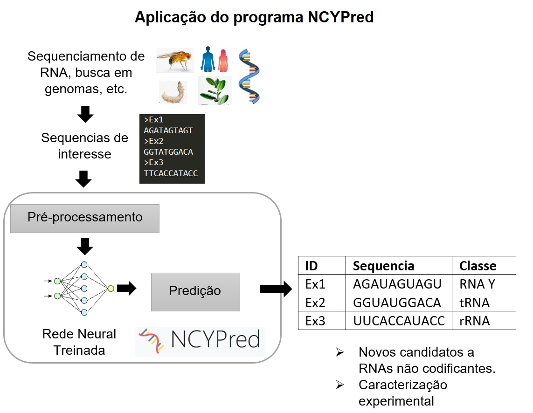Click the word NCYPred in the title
[341, 17]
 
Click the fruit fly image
[174, 60]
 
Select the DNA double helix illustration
[249, 76]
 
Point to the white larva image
[173, 92]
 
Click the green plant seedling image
[215, 91]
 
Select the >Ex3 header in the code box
[153, 163]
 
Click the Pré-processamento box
[85, 218]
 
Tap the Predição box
[195, 291]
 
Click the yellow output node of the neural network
[111, 289]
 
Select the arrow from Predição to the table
[275, 289]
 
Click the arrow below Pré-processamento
[84, 246]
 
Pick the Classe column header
[478, 266]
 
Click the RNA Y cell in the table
[477, 284]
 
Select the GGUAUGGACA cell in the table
[397, 303]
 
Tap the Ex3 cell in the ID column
[315, 321]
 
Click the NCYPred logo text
[215, 340]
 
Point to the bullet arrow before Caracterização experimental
[340, 385]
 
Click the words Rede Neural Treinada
[79, 342]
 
